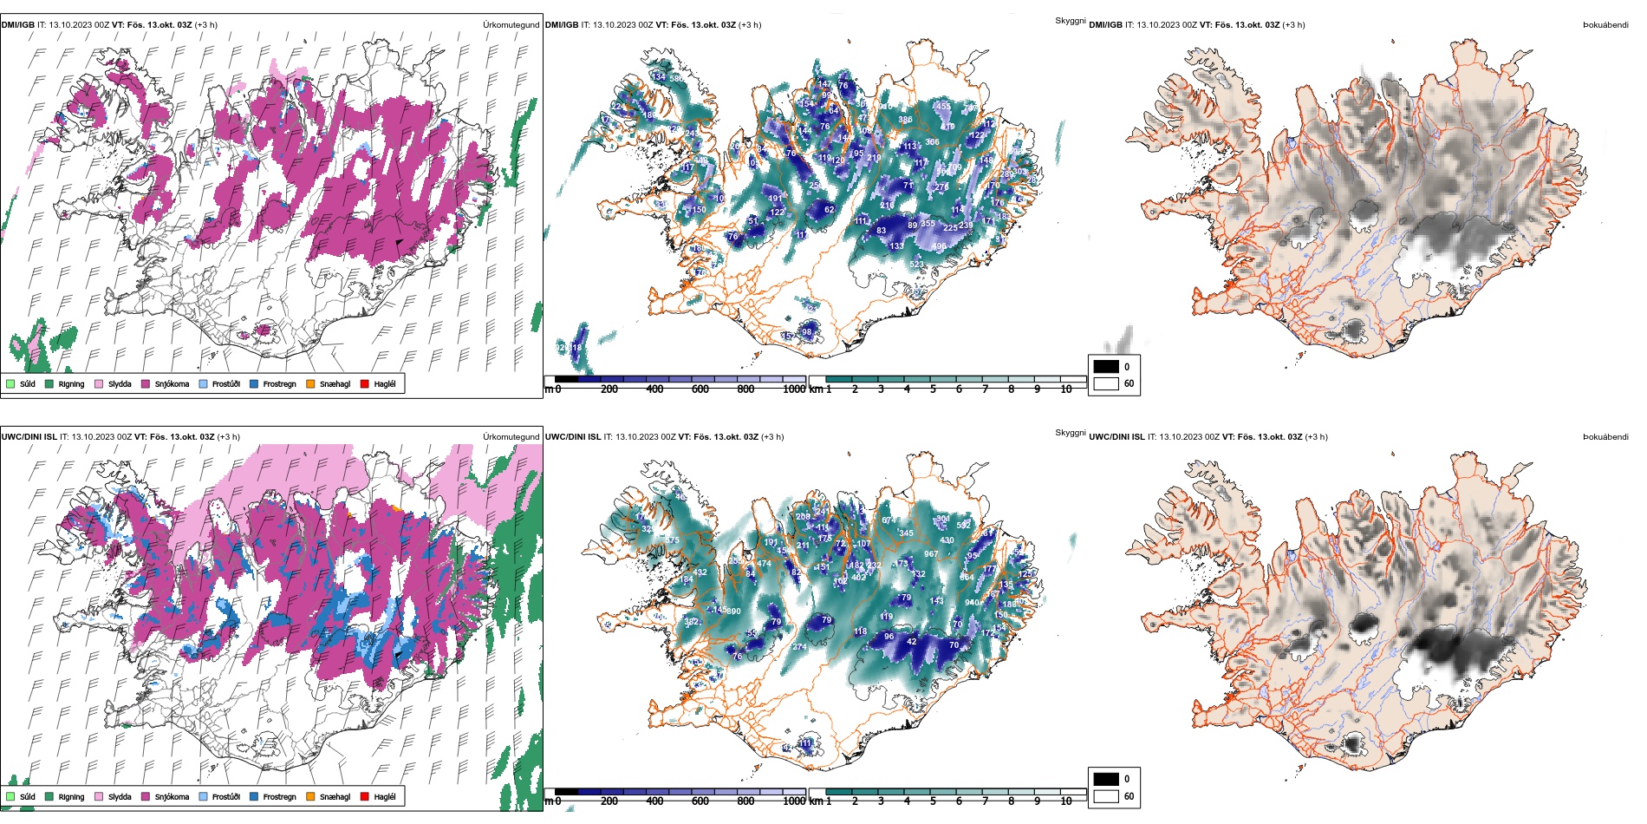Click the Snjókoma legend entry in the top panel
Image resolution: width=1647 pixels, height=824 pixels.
[x=172, y=383]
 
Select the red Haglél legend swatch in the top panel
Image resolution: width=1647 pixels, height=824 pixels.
[x=365, y=383]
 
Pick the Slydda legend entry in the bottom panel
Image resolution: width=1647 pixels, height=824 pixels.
[x=120, y=796]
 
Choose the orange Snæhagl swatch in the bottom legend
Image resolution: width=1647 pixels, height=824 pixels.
[x=310, y=796]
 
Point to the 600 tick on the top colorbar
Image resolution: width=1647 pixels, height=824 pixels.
[x=700, y=389]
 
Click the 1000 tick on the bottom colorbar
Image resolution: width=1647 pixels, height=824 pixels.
[x=794, y=801]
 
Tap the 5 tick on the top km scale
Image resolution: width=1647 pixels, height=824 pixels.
[x=933, y=389]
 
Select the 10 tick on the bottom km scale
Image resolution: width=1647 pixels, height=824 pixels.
[x=1066, y=801]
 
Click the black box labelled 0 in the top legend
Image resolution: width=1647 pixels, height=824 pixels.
[x=1106, y=366]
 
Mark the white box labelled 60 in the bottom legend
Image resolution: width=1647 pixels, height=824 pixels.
[x=1106, y=796]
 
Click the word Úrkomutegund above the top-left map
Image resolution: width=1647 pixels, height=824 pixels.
[x=511, y=24]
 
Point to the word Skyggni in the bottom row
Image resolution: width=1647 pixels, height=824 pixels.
[x=1070, y=432]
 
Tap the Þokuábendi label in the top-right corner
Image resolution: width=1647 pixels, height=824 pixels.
[x=1605, y=24]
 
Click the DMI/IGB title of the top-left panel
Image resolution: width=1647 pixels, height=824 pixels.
[x=17, y=24]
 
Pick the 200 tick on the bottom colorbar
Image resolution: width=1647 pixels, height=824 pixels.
[x=609, y=801]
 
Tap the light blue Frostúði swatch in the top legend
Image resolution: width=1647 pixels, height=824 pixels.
[x=204, y=383]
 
